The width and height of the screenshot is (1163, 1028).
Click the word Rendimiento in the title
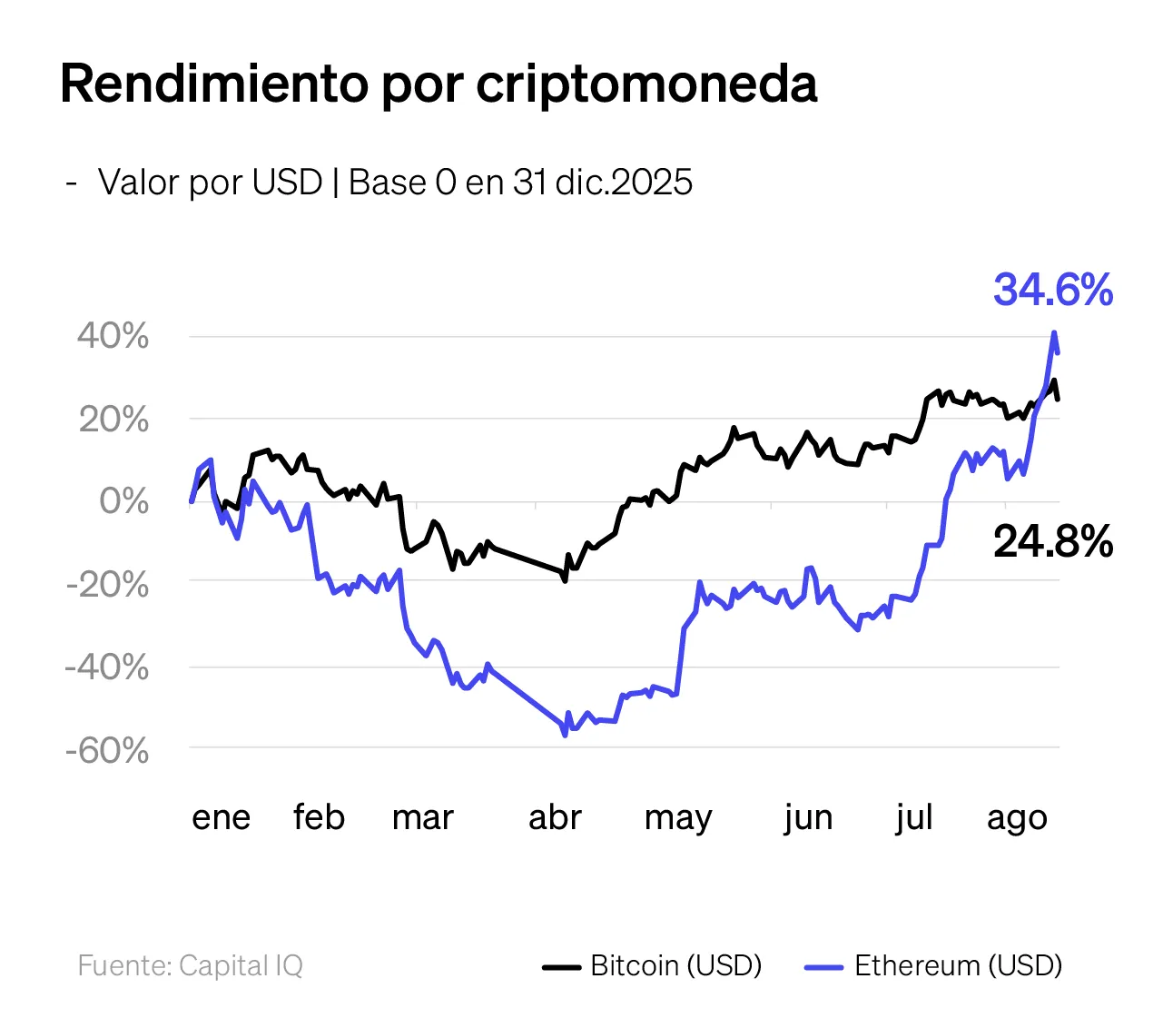pyautogui.click(x=213, y=84)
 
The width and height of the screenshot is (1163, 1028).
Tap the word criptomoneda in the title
pyautogui.click(x=646, y=84)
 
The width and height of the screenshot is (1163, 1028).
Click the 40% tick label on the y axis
pyautogui.click(x=113, y=337)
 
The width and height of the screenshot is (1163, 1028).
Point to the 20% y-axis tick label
pyautogui.click(x=113, y=420)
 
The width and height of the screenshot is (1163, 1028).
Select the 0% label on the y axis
pyautogui.click(x=123, y=501)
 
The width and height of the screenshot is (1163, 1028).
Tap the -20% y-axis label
pyautogui.click(x=107, y=584)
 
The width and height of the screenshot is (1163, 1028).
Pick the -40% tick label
pyautogui.click(x=107, y=667)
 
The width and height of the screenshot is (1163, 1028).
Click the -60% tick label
pyautogui.click(x=107, y=751)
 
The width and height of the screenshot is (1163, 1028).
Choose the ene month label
pyautogui.click(x=221, y=817)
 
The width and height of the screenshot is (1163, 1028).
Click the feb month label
pyautogui.click(x=319, y=817)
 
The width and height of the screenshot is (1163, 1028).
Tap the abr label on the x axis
pyautogui.click(x=555, y=817)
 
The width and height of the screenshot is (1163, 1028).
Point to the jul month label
pyautogui.click(x=913, y=817)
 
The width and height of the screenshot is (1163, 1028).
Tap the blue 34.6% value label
pyautogui.click(x=1053, y=291)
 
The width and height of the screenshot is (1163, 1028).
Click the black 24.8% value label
pyautogui.click(x=1053, y=542)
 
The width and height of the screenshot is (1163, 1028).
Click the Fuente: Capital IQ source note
pyautogui.click(x=191, y=965)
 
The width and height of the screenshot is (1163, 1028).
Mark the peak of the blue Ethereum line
pyautogui.click(x=1054, y=332)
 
